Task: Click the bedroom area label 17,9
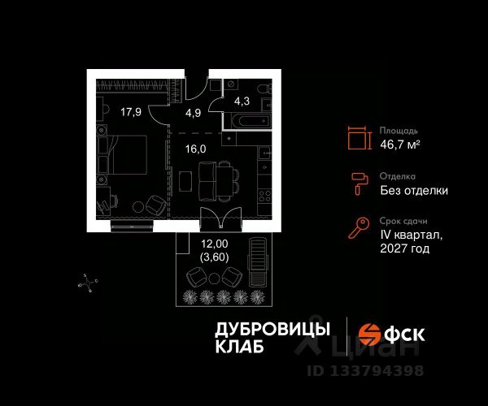point(131,112)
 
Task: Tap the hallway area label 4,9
point(193,113)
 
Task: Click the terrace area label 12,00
point(214,242)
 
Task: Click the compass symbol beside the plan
point(88,283)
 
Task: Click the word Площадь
point(399,129)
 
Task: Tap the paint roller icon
point(358,184)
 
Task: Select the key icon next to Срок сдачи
point(358,229)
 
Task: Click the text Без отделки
point(414,191)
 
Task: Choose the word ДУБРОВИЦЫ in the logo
point(272,328)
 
